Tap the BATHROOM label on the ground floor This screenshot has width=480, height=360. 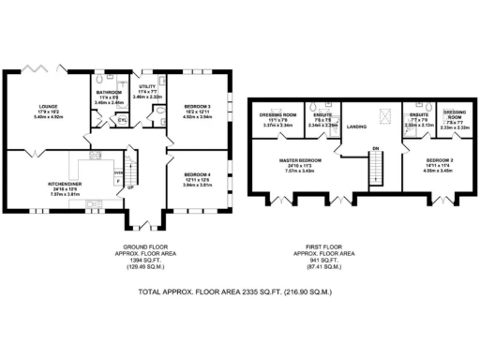click(109, 93)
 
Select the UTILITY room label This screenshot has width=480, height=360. click(148, 86)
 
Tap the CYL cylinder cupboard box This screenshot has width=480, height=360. click(122, 120)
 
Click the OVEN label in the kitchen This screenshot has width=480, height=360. click(118, 172)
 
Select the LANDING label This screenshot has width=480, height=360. click(356, 126)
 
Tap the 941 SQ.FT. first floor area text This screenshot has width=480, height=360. click(322, 260)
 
